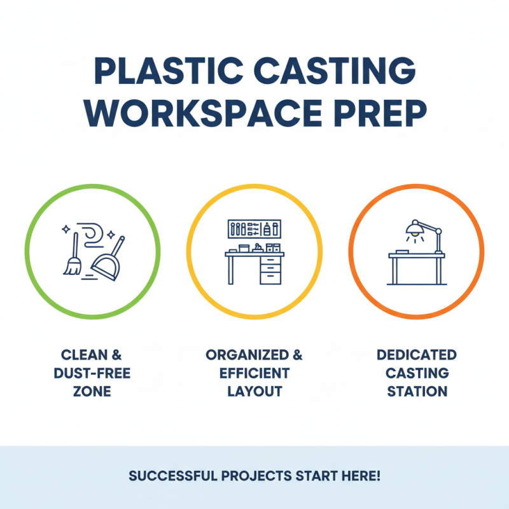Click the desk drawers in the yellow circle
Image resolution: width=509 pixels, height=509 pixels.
pyautogui.click(x=270, y=270)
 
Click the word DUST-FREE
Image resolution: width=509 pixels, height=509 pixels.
pyautogui.click(x=92, y=373)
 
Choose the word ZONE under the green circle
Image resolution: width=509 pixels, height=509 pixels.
pyautogui.click(x=92, y=391)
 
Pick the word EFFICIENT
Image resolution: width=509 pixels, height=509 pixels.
pyautogui.click(x=254, y=373)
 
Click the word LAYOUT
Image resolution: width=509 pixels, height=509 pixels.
pyautogui.click(x=254, y=391)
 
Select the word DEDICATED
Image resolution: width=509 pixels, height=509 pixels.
pyautogui.click(x=417, y=355)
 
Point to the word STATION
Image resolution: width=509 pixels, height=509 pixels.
pyautogui.click(x=417, y=391)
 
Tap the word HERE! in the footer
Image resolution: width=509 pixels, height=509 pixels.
pyautogui.click(x=359, y=476)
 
